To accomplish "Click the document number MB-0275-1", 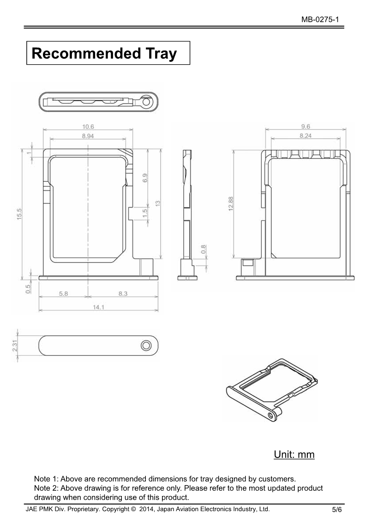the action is pyautogui.click(x=320, y=19).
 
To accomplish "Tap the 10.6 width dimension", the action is pyautogui.click(x=88, y=127).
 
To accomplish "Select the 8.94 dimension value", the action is pyautogui.click(x=88, y=136).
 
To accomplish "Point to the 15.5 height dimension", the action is pyautogui.click(x=19, y=214).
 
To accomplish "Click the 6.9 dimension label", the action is pyautogui.click(x=145, y=178).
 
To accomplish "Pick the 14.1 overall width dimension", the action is pyautogui.click(x=98, y=307).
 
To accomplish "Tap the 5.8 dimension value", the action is pyautogui.click(x=64, y=293).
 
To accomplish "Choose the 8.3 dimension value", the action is pyautogui.click(x=123, y=293).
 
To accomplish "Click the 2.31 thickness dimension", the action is pyautogui.click(x=15, y=346).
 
